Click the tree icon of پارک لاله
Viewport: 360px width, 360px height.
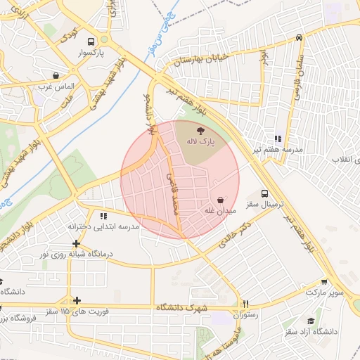[x=201, y=129]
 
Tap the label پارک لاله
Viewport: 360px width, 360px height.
[x=200, y=141]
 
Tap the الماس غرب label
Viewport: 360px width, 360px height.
[x=56, y=86]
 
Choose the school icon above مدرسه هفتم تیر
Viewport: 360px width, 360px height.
[x=278, y=139]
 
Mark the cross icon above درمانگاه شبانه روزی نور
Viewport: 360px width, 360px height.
[x=76, y=243]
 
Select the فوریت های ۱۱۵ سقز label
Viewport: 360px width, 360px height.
[x=75, y=310]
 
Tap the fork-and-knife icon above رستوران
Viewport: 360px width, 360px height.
[x=245, y=304]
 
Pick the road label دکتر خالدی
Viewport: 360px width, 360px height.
[x=236, y=234]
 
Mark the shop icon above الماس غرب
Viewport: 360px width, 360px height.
[x=56, y=75]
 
